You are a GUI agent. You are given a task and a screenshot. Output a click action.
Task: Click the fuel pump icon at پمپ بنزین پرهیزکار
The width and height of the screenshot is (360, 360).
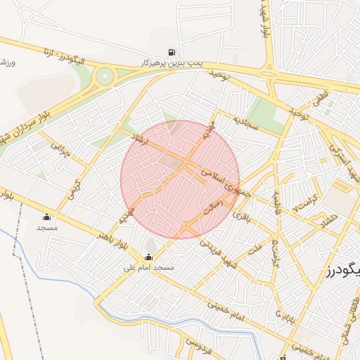click(x=172, y=52)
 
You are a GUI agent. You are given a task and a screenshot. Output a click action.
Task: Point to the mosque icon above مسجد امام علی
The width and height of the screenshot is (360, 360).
click(x=148, y=257)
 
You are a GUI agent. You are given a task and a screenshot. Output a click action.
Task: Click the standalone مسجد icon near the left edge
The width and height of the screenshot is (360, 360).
click(x=46, y=217)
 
